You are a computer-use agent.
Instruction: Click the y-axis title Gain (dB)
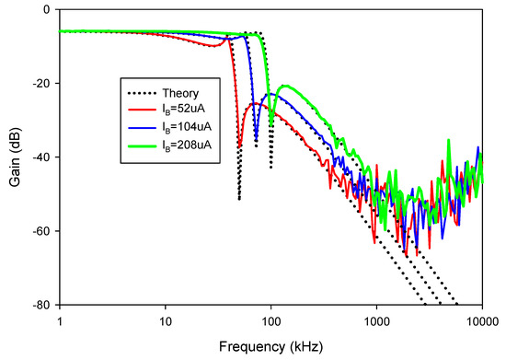(14, 157)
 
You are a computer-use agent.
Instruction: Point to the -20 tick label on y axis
(40, 84)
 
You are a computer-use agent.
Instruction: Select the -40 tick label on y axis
(40, 157)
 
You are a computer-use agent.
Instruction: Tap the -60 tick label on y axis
(40, 231)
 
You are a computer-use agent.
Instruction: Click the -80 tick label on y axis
(40, 305)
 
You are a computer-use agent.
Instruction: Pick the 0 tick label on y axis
(46, 10)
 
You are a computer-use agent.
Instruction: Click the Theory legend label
(180, 93)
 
